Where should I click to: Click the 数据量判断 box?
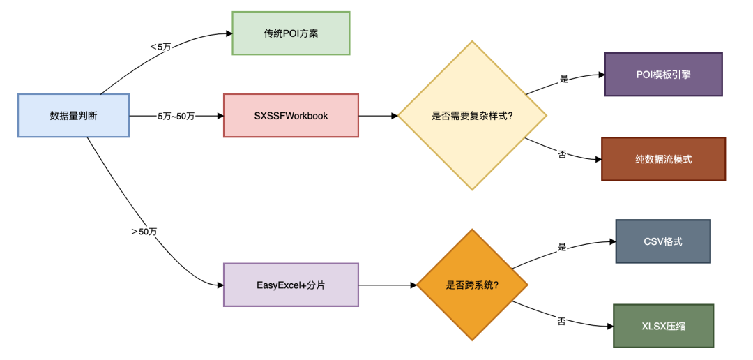pyautogui.click(x=73, y=115)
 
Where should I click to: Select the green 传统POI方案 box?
pyautogui.click(x=291, y=33)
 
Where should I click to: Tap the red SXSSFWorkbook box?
pyautogui.click(x=291, y=115)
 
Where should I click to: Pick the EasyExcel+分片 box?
pyautogui.click(x=291, y=285)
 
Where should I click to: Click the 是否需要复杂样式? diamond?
pyautogui.click(x=472, y=115)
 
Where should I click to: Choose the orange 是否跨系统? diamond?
pyautogui.click(x=472, y=285)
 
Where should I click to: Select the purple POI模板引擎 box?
pyautogui.click(x=663, y=74)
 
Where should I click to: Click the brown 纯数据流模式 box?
pyautogui.click(x=663, y=159)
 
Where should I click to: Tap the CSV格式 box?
pyautogui.click(x=662, y=241)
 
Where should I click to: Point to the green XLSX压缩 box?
pyautogui.click(x=663, y=326)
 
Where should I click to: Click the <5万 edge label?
pyautogui.click(x=161, y=47)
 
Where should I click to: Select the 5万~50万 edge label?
pyautogui.click(x=176, y=116)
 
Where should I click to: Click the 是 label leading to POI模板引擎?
pyautogui.click(x=564, y=79)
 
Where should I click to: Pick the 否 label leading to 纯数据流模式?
pyautogui.click(x=562, y=153)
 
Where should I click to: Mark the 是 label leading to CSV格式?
pyautogui.click(x=562, y=247)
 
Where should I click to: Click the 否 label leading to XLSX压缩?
pyautogui.click(x=561, y=321)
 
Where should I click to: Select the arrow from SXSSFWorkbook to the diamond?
pyautogui.click(x=377, y=115)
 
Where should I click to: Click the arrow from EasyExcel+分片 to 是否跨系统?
pyautogui.click(x=387, y=285)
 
